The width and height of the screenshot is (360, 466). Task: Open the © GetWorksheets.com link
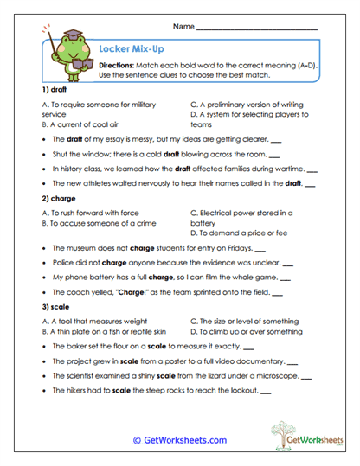[180, 440]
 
